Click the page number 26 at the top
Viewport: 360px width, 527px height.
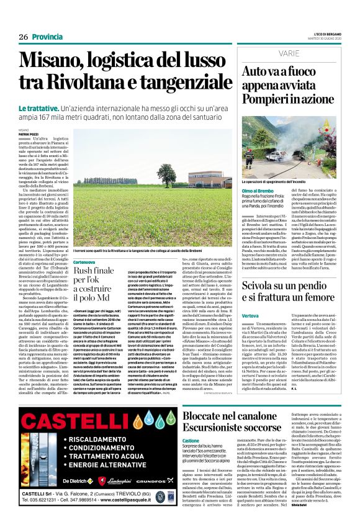point(24,37)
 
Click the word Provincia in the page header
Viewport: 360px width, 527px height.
point(47,37)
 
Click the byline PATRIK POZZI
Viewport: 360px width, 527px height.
point(27,134)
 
